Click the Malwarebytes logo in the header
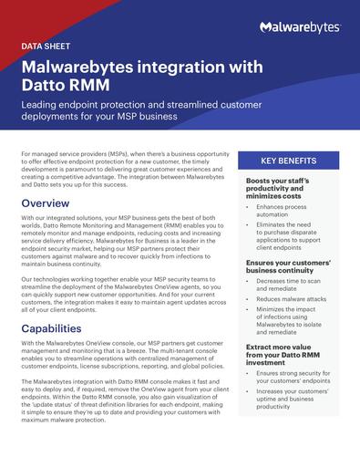point(299,27)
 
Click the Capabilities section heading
point(57,327)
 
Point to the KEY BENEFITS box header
point(288,161)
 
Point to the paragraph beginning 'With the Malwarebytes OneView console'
point(123,356)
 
